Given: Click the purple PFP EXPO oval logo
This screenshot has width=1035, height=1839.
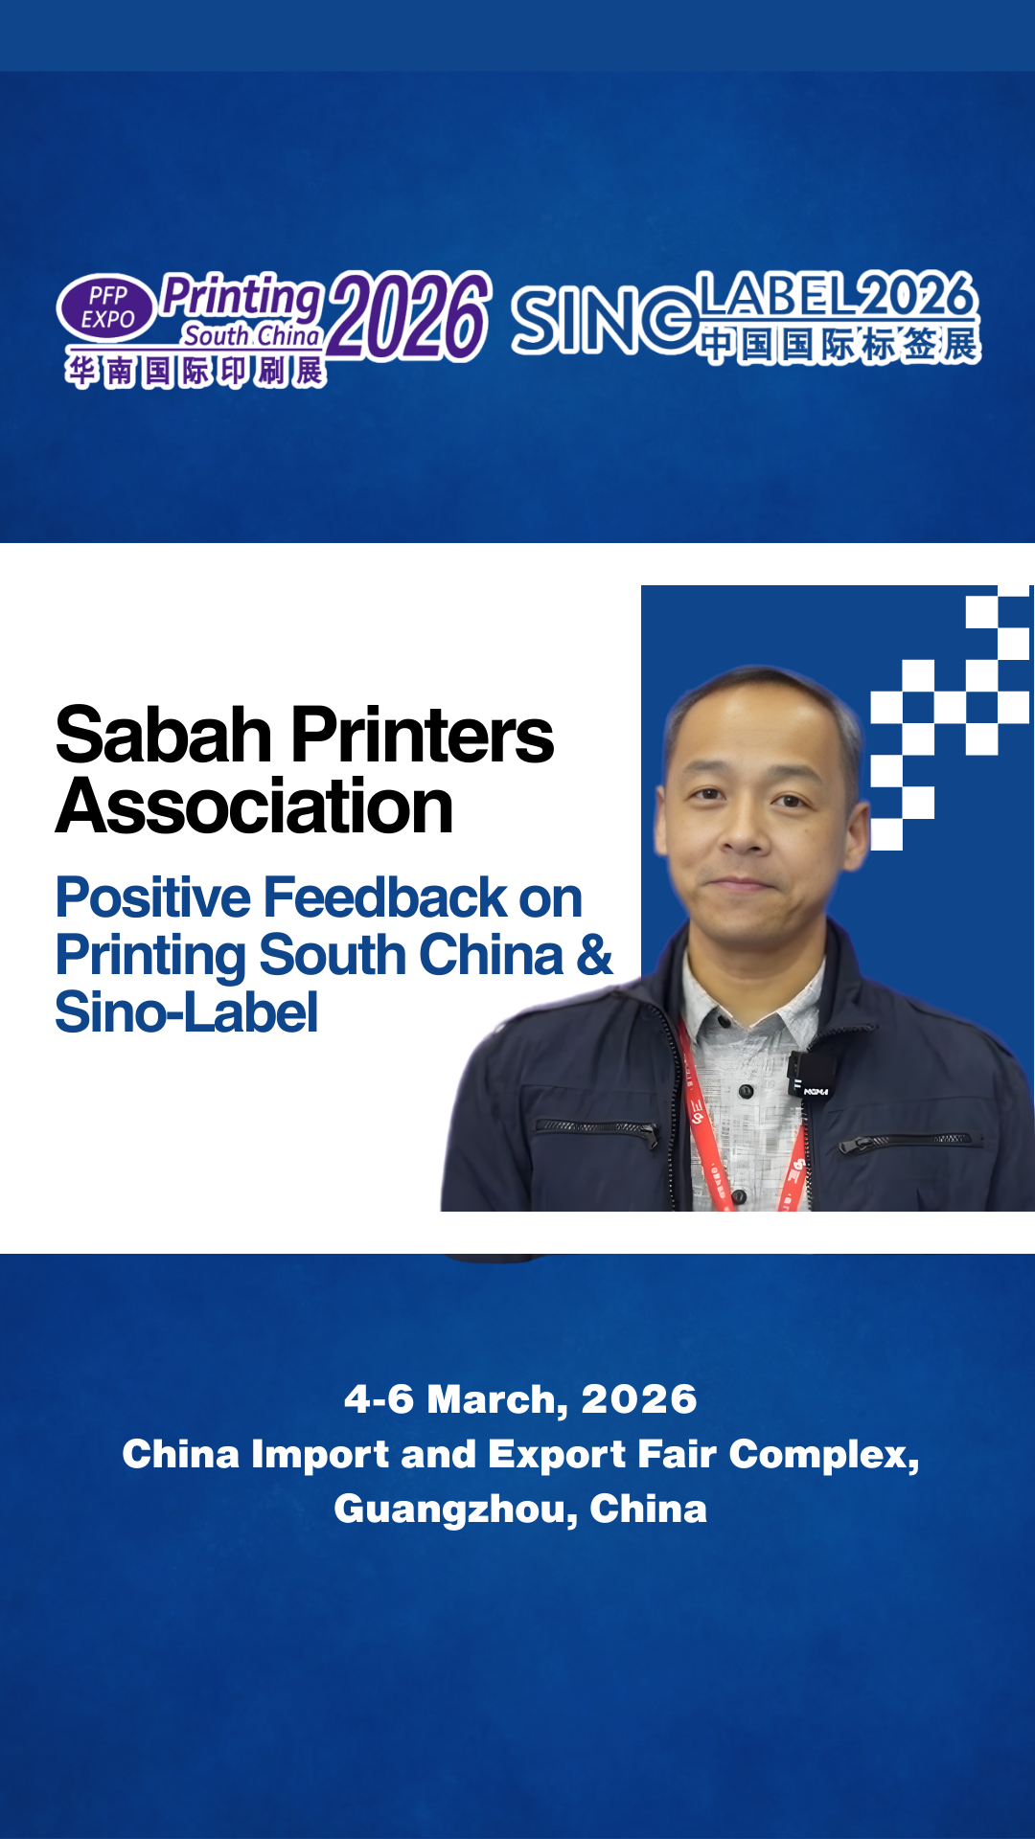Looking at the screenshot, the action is point(106,307).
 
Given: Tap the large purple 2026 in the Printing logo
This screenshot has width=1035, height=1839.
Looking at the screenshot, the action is point(409,316).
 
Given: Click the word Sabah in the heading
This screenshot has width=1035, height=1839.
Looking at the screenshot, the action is point(164,736).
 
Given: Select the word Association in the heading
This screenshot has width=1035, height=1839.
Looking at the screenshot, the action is point(254,806).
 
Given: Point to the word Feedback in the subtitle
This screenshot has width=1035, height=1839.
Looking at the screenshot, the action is point(386,897).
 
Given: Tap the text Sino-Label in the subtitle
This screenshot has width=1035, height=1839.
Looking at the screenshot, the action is point(186,1012).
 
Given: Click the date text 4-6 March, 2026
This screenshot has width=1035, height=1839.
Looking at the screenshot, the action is point(520,1399).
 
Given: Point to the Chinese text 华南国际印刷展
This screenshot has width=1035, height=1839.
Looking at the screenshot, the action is point(195,371).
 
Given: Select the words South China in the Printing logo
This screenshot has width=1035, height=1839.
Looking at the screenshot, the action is point(251,335).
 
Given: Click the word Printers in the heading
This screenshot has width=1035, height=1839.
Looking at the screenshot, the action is point(423,736).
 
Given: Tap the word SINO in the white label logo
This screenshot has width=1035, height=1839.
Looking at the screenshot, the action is point(604,321).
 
